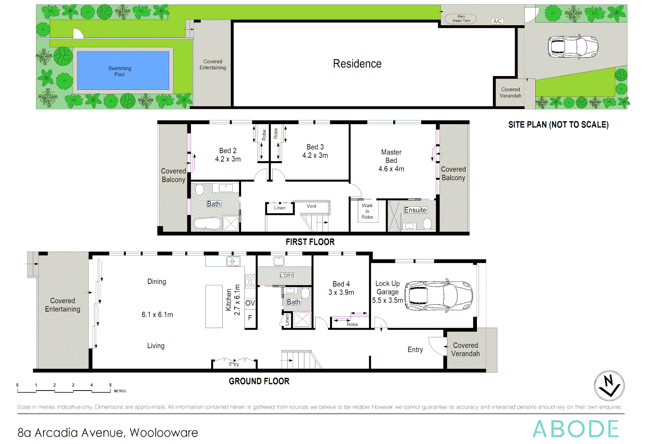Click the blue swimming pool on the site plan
(x=123, y=71)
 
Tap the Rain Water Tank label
(x=461, y=19)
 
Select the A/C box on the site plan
(x=497, y=21)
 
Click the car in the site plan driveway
(x=573, y=46)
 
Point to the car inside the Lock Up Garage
(x=438, y=296)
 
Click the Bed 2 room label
(x=228, y=155)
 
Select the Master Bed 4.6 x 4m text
(x=391, y=160)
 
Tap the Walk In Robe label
(x=367, y=211)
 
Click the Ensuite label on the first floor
(x=415, y=210)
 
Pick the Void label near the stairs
(x=311, y=206)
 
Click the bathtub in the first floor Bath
(x=208, y=224)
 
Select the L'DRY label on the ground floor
(x=287, y=275)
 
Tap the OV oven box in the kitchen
(x=250, y=303)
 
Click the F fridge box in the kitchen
(x=250, y=318)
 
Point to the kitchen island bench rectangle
(x=214, y=306)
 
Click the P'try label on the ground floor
(x=234, y=364)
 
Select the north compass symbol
(x=609, y=386)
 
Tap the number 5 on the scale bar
(x=110, y=385)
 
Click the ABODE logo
(x=576, y=429)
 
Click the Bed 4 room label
(x=341, y=288)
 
